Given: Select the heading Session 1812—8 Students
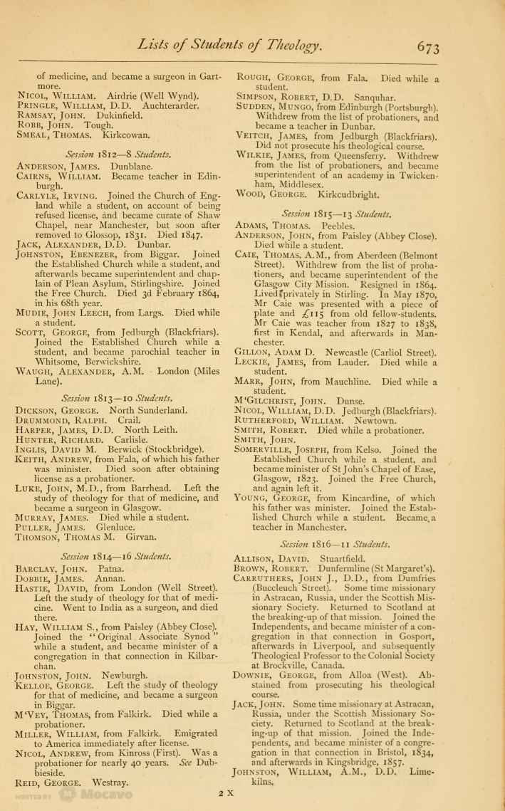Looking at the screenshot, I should pyautogui.click(x=119, y=152).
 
